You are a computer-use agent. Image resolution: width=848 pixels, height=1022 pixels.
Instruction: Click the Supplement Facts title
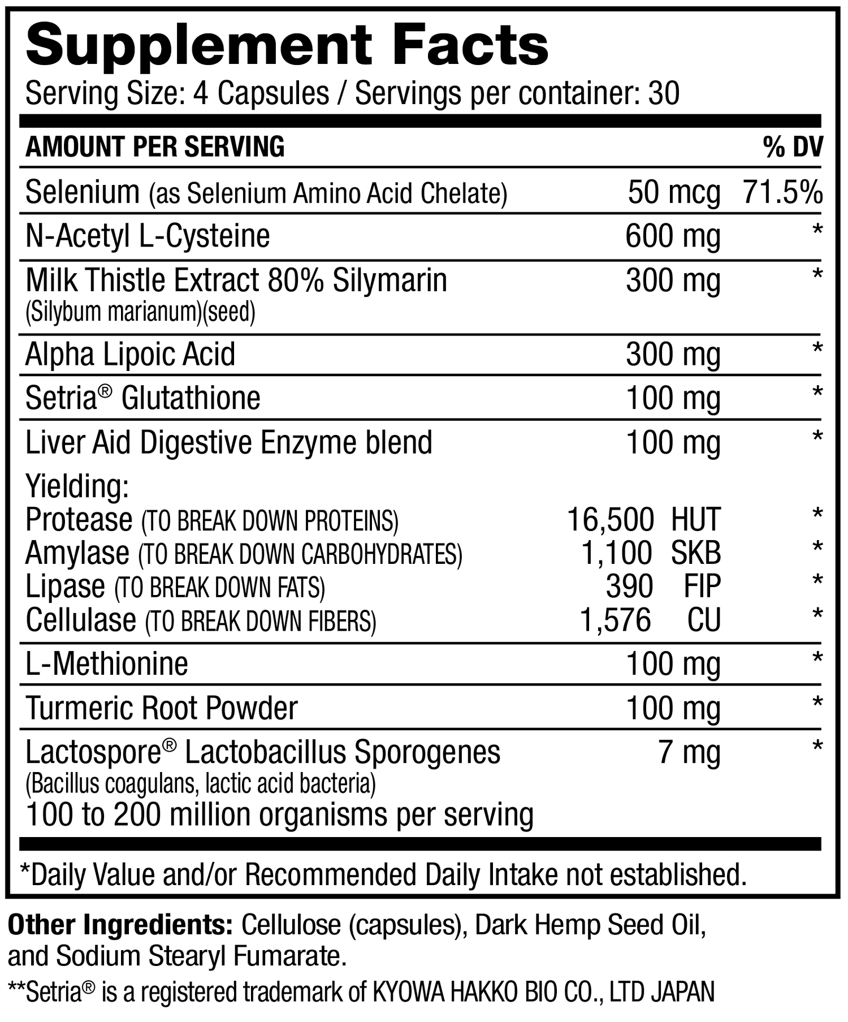pos(287,46)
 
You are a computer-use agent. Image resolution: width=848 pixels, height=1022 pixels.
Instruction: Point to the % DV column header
pos(793,148)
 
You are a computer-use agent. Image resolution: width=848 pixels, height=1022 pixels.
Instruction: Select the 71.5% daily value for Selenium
pos(782,193)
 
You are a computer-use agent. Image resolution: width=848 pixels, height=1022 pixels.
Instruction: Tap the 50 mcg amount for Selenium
pos(674,193)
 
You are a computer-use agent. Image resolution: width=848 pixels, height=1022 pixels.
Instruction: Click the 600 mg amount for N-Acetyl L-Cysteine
pos(673,236)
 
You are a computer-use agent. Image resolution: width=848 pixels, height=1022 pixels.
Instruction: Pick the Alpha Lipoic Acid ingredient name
pos(130,355)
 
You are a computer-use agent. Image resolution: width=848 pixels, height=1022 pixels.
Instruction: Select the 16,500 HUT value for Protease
pos(643,519)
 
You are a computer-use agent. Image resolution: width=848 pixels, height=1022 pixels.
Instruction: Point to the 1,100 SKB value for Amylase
pos(651,553)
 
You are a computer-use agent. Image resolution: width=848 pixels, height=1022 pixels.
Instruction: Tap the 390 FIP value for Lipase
pos(663,586)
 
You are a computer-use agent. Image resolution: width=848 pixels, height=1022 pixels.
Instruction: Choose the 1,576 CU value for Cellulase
pos(650,620)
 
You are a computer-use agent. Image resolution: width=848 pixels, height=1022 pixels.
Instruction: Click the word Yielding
pos(77,486)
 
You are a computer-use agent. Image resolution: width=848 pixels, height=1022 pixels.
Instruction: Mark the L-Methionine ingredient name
pos(107,664)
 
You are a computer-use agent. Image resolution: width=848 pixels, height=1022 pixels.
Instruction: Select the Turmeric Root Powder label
pos(162,708)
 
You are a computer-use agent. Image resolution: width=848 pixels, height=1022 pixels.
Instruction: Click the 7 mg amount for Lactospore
pos(689,753)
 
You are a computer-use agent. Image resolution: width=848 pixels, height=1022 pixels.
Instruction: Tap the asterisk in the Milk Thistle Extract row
pos(817,275)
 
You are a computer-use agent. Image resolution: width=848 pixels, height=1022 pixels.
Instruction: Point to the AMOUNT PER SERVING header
pos(155,147)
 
